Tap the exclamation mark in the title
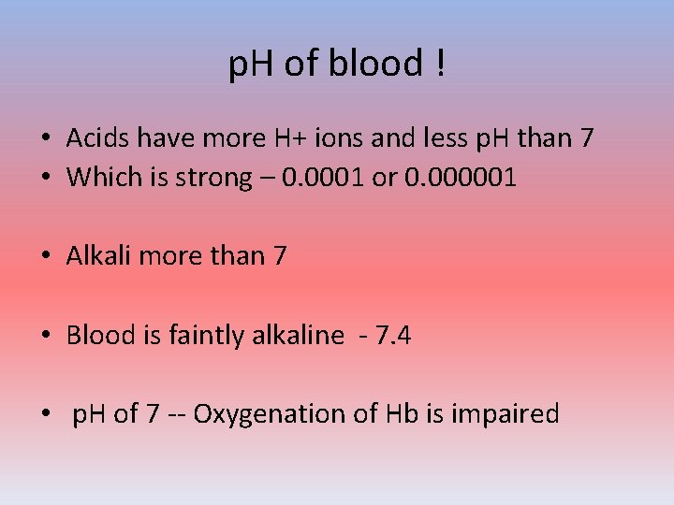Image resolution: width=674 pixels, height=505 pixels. (439, 64)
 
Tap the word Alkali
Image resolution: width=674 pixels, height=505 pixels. (98, 255)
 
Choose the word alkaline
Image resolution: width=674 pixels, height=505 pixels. (298, 335)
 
